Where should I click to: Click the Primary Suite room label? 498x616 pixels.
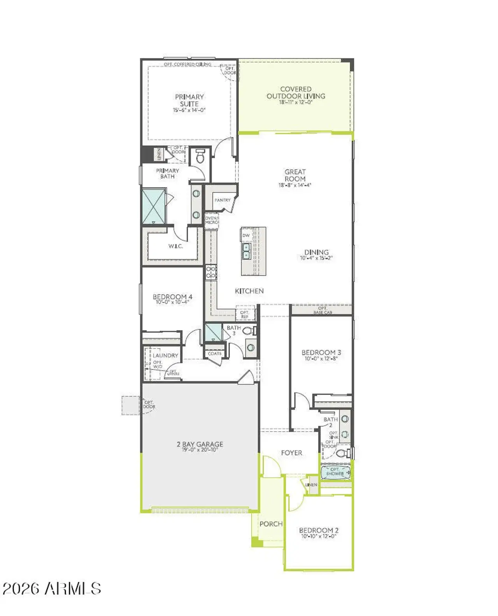point(189,100)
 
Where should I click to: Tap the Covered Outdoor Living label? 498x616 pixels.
point(296,93)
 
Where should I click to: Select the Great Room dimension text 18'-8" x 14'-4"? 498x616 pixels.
point(295,185)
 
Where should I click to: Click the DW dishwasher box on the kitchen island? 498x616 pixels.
point(246,236)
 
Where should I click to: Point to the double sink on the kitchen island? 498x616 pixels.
point(246,251)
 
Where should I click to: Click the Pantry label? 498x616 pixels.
point(223,200)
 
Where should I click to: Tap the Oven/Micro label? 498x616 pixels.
point(212,220)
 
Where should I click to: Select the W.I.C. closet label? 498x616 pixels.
point(175,246)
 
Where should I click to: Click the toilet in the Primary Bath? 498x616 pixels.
point(200,156)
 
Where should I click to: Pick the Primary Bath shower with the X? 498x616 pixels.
point(154,206)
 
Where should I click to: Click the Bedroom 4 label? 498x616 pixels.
point(172,297)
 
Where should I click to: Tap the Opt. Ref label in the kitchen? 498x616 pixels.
point(244,314)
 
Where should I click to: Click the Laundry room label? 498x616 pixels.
point(165,355)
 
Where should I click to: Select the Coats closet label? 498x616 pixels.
point(214,354)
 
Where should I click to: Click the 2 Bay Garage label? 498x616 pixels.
point(200,444)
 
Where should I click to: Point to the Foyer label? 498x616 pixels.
point(291,453)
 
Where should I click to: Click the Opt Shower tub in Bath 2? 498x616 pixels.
point(335,472)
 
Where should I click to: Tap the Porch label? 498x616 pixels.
point(271,524)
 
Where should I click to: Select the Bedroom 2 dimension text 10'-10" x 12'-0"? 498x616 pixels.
point(318,536)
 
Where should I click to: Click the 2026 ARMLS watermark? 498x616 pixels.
point(52,588)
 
